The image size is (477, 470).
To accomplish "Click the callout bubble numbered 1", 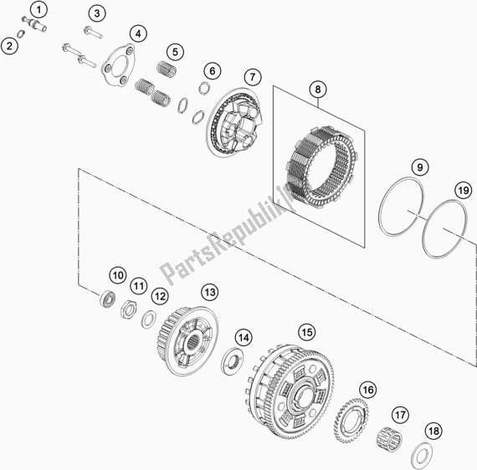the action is (38, 10).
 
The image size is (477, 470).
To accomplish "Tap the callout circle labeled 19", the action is (463, 191).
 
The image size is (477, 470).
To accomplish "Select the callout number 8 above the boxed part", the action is (318, 89).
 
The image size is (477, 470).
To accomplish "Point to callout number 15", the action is (307, 332).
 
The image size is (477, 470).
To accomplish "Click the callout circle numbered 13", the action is (210, 292).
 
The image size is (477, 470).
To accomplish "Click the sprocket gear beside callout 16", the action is (351, 421).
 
